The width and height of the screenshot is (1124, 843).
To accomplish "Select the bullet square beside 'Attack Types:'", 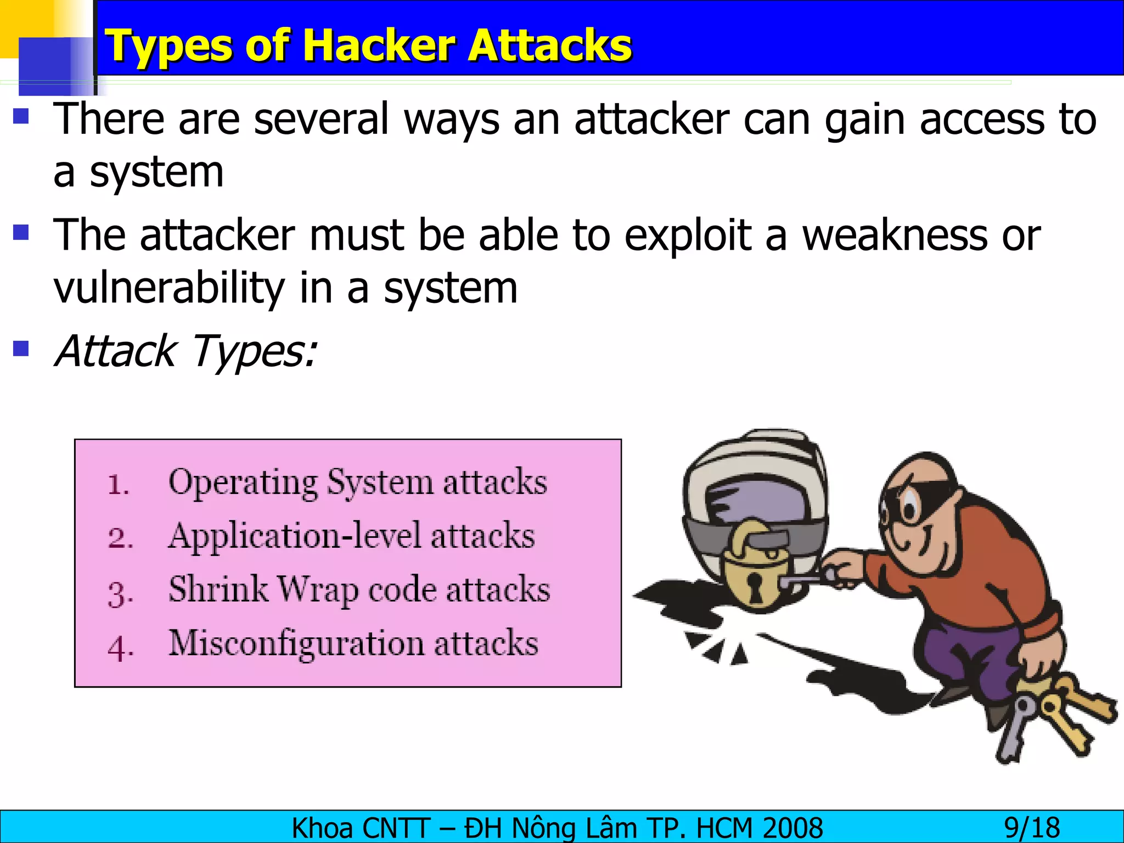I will (21, 349).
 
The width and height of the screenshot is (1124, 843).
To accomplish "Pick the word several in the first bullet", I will (321, 119).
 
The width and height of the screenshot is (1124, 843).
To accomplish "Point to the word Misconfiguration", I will (296, 643).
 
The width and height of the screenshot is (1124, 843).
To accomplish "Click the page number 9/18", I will (1032, 828).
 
